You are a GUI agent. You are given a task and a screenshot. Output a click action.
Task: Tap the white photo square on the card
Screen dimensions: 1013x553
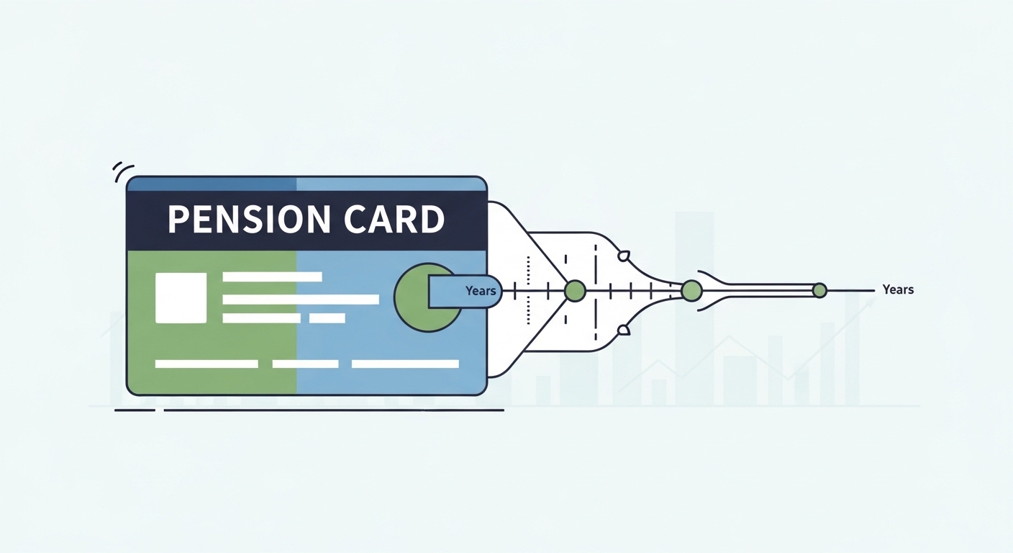click(181, 297)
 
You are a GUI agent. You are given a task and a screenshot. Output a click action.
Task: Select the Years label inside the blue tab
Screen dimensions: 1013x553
click(481, 291)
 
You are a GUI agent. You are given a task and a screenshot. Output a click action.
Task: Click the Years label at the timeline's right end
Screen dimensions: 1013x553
click(898, 289)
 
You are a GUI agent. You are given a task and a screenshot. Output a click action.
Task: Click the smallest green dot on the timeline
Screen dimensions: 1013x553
click(819, 291)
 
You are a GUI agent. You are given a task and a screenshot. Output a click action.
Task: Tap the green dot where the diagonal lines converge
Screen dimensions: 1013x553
click(575, 291)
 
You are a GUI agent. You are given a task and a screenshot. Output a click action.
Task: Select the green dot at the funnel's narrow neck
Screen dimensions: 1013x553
click(691, 291)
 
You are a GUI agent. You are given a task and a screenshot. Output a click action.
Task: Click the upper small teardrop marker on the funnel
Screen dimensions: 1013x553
click(624, 255)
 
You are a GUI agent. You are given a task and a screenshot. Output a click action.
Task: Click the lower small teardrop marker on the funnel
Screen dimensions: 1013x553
click(624, 330)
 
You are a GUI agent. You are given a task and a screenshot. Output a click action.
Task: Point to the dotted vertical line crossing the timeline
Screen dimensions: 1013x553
click(529, 291)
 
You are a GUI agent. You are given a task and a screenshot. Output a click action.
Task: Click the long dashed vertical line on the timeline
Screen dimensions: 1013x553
click(596, 291)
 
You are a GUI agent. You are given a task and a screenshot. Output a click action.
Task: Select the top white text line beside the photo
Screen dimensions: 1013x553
click(272, 276)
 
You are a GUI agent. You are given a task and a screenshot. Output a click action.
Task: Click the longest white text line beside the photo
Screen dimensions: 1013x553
click(301, 300)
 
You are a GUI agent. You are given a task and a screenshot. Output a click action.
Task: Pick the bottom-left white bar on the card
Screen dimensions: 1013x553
click(206, 364)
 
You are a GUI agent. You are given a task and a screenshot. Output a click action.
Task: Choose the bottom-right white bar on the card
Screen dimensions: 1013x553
click(405, 364)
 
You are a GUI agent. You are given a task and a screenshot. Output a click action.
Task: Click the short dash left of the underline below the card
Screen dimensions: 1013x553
click(135, 410)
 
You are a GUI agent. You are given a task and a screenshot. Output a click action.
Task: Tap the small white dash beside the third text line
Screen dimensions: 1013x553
click(327, 318)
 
